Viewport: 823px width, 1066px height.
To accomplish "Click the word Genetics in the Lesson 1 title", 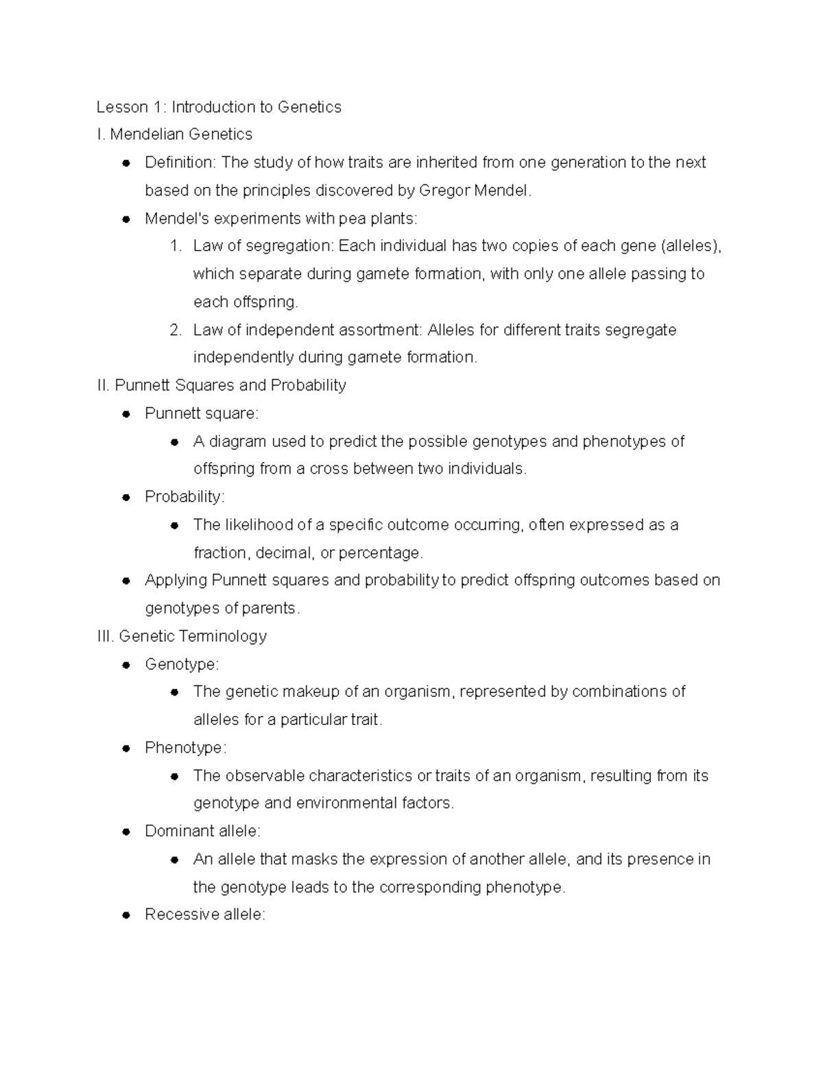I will coord(309,107).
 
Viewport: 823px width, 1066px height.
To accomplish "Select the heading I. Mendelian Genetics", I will coord(175,135).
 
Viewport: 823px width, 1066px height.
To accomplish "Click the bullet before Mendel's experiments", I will coord(126,219).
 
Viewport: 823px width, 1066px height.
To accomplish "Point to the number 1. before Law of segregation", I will coord(176,246).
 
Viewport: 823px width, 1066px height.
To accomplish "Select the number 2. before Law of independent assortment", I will coord(176,330).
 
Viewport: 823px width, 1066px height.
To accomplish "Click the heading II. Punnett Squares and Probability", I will coord(222,386).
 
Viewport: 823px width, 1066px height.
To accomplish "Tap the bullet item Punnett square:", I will coord(202,414).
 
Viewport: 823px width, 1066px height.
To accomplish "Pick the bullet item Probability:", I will coord(184,497).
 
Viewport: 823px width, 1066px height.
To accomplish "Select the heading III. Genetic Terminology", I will coord(182,636).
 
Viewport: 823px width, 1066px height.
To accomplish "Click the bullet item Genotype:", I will coord(182,664).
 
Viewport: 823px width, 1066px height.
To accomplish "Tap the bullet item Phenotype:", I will coord(185,748).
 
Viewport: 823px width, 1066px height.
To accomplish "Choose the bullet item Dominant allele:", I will coord(202,831).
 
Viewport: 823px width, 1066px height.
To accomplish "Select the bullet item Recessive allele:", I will coord(204,915).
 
